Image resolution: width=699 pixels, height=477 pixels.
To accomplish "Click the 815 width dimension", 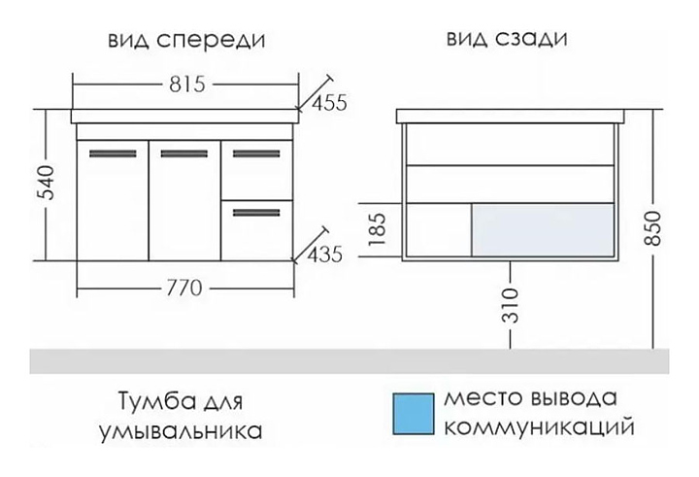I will [184, 84].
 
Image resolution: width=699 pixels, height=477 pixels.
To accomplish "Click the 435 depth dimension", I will [325, 256].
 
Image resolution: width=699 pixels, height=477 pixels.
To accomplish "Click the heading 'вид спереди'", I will [186, 40].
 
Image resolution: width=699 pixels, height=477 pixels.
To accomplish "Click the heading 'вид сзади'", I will [507, 40].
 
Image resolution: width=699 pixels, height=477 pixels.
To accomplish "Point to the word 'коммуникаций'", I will [539, 427].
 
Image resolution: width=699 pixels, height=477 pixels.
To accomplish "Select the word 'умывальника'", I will [181, 427].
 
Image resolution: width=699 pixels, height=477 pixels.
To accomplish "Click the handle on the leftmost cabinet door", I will [111, 153].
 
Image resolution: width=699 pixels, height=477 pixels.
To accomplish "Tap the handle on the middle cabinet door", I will [183, 153].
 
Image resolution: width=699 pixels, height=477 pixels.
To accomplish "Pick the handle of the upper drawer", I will [256, 153].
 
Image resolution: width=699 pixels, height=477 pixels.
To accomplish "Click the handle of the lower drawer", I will [256, 210].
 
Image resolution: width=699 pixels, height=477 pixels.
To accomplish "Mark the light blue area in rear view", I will [543, 227].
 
